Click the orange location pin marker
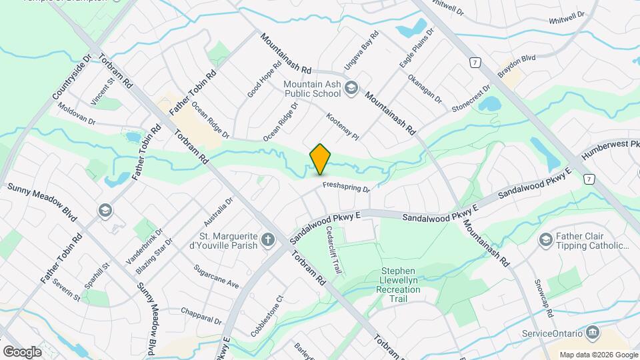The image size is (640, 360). [320, 159]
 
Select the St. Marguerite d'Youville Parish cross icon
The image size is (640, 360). [268, 240]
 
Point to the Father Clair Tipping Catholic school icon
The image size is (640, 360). [545, 240]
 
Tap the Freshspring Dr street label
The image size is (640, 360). [346, 188]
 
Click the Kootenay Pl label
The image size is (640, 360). [343, 126]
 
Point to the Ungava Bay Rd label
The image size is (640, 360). [361, 51]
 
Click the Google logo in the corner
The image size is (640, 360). [22, 351]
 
